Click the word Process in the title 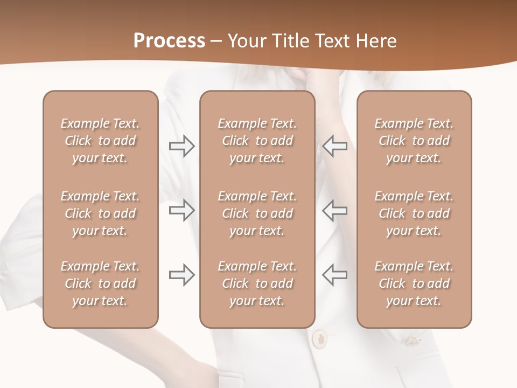169,40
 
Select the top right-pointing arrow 181,146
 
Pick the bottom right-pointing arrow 181,275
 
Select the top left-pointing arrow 334,146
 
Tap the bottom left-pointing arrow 334,275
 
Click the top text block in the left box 100,141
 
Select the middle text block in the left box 100,213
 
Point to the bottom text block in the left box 100,283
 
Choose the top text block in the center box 257,141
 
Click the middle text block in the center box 257,213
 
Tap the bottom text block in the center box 257,283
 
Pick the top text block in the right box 414,141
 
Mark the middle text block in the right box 414,213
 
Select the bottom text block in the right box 414,283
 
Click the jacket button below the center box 320,338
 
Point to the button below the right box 412,341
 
